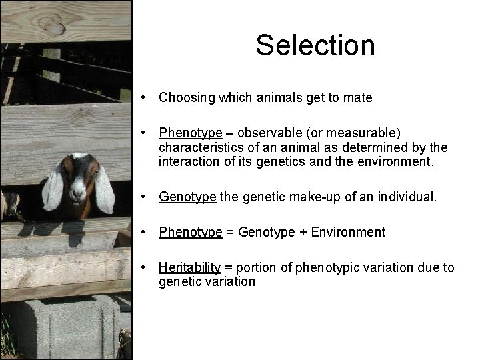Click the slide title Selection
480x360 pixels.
(x=315, y=45)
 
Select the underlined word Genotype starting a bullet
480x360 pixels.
(x=187, y=197)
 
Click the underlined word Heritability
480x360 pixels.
(x=189, y=267)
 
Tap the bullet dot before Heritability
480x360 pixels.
(x=144, y=267)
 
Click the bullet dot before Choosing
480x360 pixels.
(x=144, y=98)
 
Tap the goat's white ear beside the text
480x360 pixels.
(x=104, y=190)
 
